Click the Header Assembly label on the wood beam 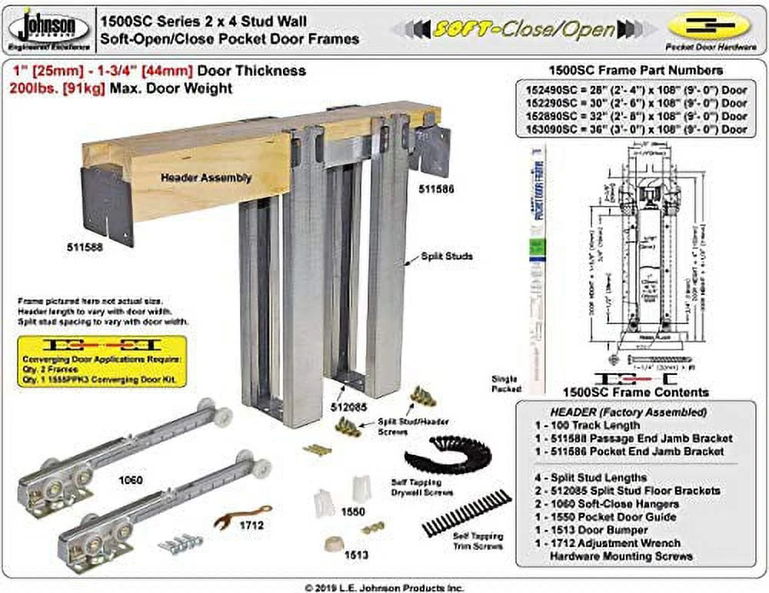[205, 177]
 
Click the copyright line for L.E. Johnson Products [384, 587]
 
